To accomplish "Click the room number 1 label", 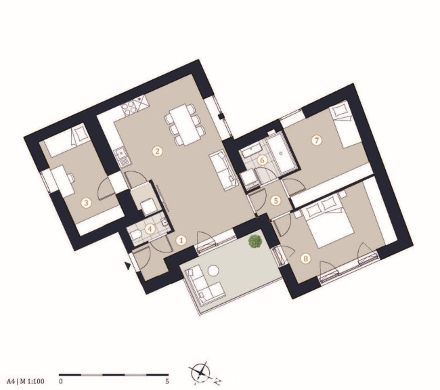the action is coord(181,240).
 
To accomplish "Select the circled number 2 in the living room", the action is coord(157,152).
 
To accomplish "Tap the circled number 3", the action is coord(86,202).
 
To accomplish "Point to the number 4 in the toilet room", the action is coord(150,229).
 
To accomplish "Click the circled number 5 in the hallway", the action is coord(276,200).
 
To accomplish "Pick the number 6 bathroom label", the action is coord(262,160).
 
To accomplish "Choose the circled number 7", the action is coord(317,140).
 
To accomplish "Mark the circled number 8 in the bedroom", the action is coord(306,258).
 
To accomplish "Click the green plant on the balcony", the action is coord(255,241).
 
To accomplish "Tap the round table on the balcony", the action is coord(213,271).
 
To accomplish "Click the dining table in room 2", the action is coord(184,125).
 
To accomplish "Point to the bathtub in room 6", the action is coord(282,154).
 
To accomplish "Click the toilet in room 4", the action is coord(135,235).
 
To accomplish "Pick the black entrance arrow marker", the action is coord(128,265).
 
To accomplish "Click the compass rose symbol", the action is coord(200,372).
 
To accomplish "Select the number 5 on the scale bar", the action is coord(167,382).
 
